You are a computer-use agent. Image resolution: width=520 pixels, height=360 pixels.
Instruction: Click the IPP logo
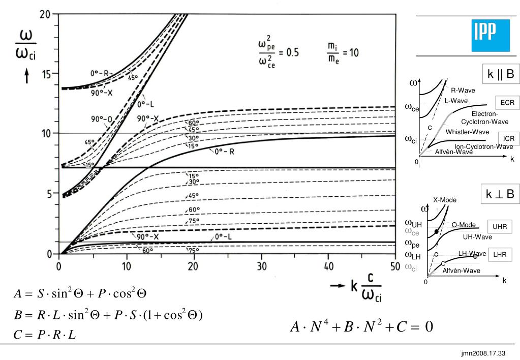(490, 35)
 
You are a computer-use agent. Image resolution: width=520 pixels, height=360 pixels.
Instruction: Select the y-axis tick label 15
(47, 74)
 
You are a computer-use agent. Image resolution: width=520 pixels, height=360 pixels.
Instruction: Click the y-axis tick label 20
(47, 15)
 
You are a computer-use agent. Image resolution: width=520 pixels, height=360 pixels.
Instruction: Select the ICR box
(509, 138)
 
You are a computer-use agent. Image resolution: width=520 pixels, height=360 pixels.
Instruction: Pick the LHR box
(502, 255)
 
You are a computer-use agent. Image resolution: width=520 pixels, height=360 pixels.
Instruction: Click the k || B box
(501, 75)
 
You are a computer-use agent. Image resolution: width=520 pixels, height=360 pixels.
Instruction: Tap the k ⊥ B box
(501, 194)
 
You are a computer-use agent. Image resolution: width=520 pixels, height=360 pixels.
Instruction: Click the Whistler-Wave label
(467, 132)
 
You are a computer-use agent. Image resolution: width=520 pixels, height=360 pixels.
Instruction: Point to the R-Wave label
(463, 91)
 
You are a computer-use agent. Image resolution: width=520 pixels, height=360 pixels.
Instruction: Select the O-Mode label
(464, 225)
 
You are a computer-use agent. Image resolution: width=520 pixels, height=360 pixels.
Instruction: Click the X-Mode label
(445, 200)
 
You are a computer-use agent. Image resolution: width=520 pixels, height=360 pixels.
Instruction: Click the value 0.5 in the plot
(292, 53)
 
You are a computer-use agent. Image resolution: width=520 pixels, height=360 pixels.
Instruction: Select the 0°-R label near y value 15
(99, 73)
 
